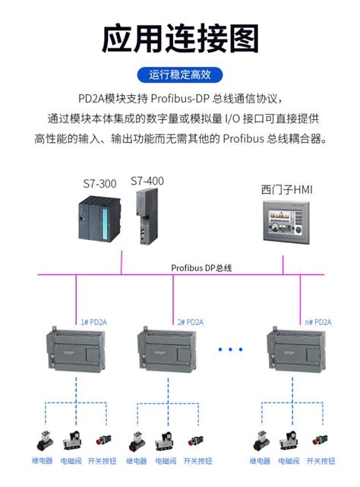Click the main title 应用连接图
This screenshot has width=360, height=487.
[x=180, y=38]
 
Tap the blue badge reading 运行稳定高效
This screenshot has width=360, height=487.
[x=180, y=74]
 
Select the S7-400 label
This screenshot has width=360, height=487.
[x=147, y=181]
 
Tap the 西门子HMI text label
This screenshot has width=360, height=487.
[x=286, y=188]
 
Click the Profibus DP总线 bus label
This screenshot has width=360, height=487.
[x=201, y=268]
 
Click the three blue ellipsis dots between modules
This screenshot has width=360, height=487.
[x=229, y=349]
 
